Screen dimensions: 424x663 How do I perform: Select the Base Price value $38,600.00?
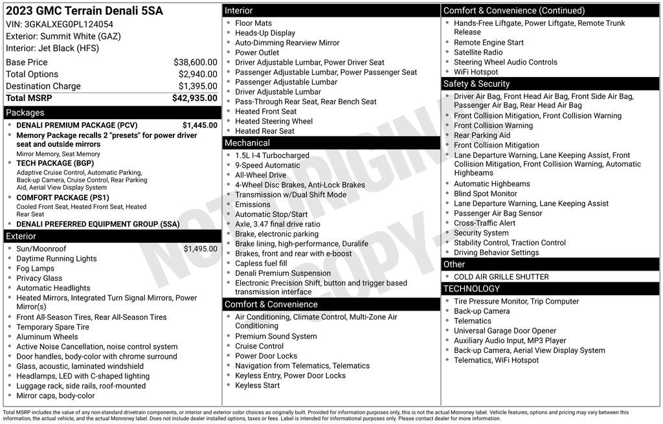click(195, 62)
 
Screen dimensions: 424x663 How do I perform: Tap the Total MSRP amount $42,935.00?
click(194, 98)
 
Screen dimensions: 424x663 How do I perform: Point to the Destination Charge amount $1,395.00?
click(197, 86)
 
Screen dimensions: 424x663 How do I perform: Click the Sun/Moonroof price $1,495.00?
click(200, 249)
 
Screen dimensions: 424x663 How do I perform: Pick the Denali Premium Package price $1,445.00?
click(199, 125)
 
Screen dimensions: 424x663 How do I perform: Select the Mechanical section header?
click(247, 143)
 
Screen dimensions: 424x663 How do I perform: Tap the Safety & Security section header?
click(477, 84)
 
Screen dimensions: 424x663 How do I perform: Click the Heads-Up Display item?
click(265, 33)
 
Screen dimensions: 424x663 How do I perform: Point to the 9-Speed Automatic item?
click(267, 165)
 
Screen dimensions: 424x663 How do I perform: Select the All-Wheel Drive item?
click(260, 175)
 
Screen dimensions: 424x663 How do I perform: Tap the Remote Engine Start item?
click(488, 43)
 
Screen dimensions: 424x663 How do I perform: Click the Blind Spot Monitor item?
click(485, 194)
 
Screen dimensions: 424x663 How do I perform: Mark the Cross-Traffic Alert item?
click(484, 223)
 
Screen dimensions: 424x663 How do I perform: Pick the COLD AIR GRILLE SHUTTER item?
click(501, 277)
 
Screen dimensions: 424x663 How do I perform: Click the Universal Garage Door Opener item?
click(505, 331)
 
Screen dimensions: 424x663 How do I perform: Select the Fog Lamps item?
click(35, 269)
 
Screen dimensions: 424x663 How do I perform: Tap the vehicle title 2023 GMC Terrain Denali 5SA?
click(84, 11)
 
